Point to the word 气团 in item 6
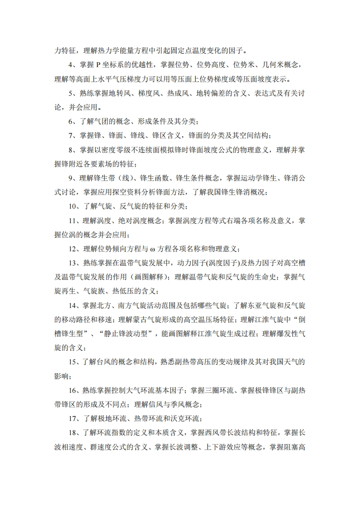106,122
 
